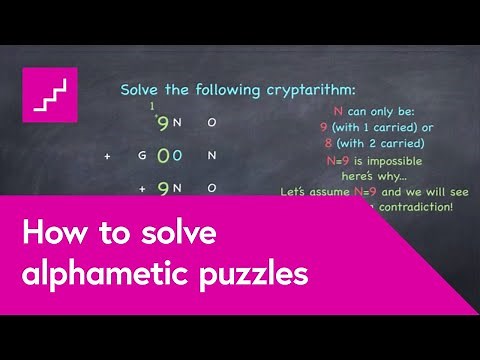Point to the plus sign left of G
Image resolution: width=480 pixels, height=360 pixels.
pos(107,157)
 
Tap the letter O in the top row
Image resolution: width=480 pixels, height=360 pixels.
pos(211,123)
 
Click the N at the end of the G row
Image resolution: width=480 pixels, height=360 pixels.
pos(211,156)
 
